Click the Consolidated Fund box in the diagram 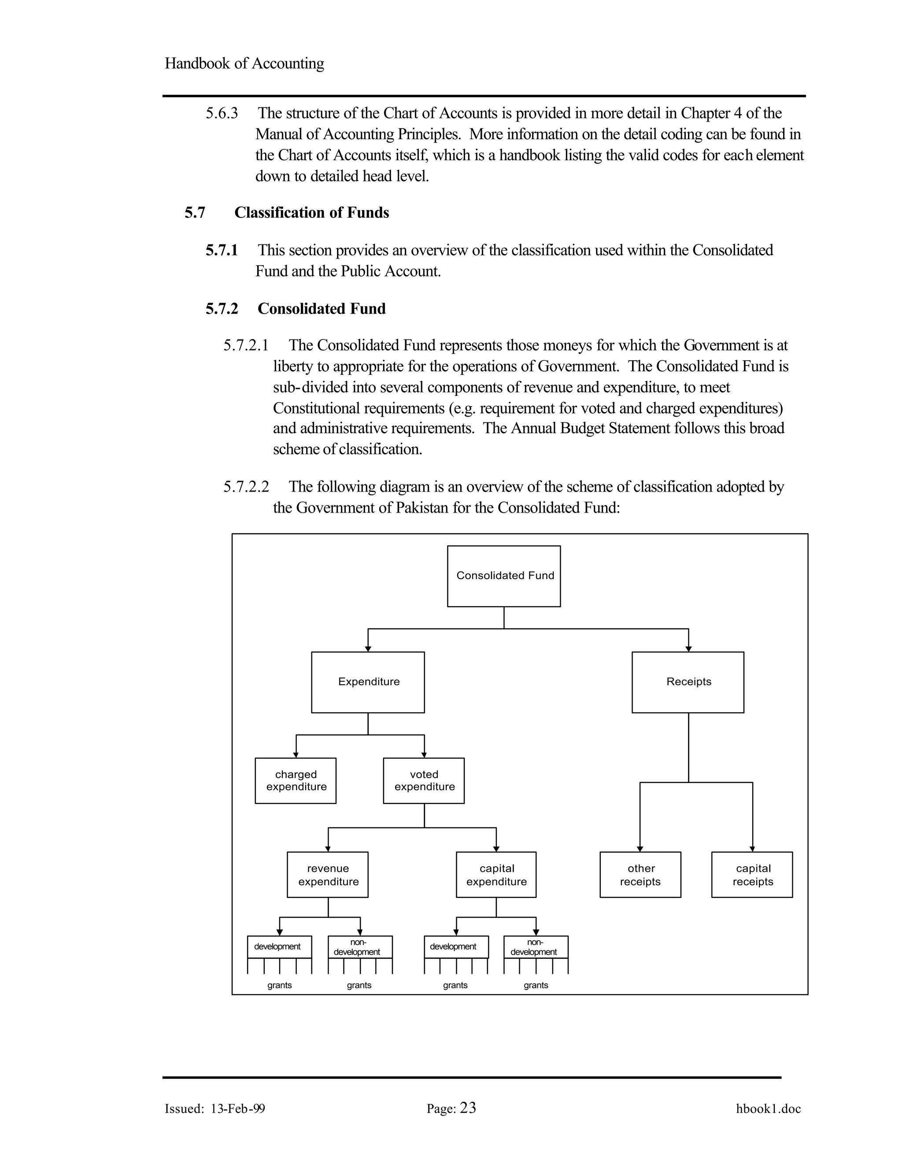pyautogui.click(x=503, y=576)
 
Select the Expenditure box pyautogui.click(x=368, y=682)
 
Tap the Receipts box pyautogui.click(x=688, y=682)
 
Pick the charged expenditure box pyautogui.click(x=296, y=781)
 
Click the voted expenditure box pyautogui.click(x=424, y=781)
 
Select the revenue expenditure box pyautogui.click(x=328, y=875)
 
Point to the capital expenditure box pyautogui.click(x=496, y=875)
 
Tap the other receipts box pyautogui.click(x=640, y=875)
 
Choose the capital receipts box pyautogui.click(x=752, y=875)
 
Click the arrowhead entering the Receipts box pyautogui.click(x=688, y=649)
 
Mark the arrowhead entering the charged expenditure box pyautogui.click(x=296, y=755)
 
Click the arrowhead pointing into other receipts pyautogui.click(x=640, y=849)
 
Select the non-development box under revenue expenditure pyautogui.click(x=360, y=947)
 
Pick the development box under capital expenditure pyautogui.click(x=456, y=947)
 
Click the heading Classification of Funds pyautogui.click(x=311, y=213)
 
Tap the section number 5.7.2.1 pyautogui.click(x=246, y=346)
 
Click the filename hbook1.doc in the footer pyautogui.click(x=768, y=1109)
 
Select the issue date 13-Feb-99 pyautogui.click(x=238, y=1109)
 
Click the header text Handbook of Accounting pyautogui.click(x=244, y=63)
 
